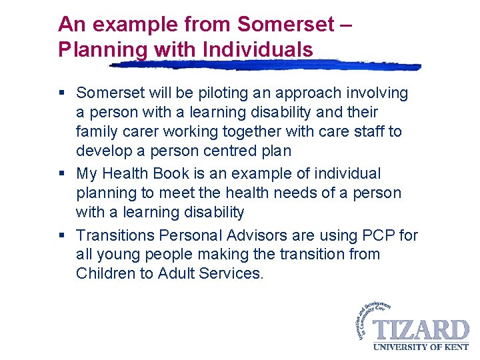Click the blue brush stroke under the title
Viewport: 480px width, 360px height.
tap(267, 65)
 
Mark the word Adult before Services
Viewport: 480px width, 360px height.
tap(177, 274)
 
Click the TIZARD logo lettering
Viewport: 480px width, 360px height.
tap(420, 331)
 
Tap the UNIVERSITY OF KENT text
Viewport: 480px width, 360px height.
tap(420, 347)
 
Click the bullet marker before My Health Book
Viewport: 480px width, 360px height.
tap(62, 174)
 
